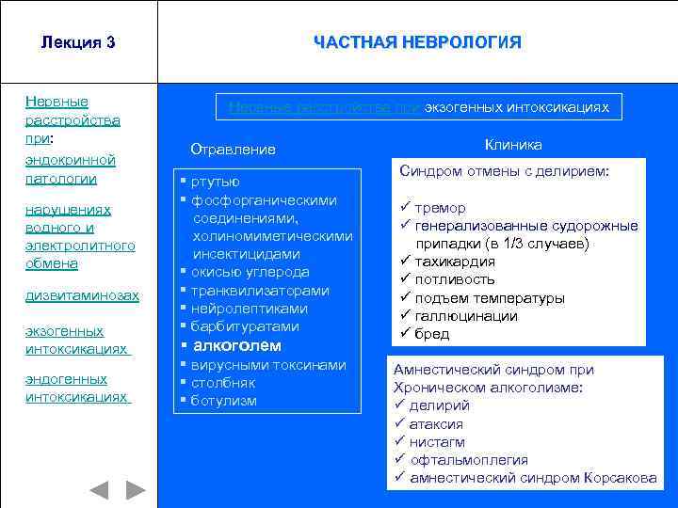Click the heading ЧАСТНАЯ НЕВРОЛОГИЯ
(417, 42)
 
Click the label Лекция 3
(78, 42)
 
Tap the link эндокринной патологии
(71, 168)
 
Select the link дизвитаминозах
(83, 295)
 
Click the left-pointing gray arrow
(99, 490)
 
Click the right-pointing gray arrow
(136, 490)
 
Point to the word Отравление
(233, 150)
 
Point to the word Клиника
(513, 145)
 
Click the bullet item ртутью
(216, 182)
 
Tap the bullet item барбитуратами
(245, 326)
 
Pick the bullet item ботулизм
(223, 401)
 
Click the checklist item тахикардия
(455, 262)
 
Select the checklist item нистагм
(437, 441)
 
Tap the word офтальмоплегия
(469, 459)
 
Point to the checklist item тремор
(440, 207)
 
